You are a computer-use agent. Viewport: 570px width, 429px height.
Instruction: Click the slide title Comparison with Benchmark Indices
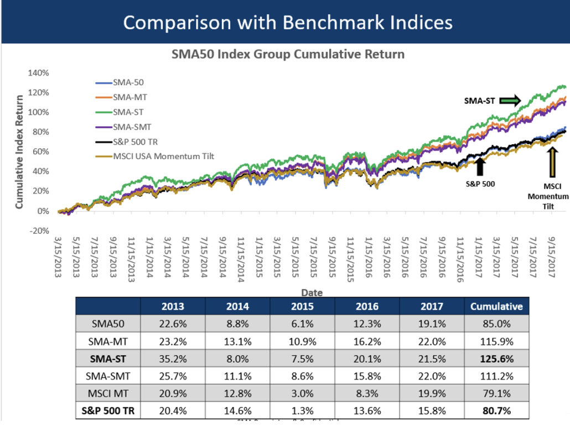click(x=287, y=22)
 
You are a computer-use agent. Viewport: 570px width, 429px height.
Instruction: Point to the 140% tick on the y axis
click(x=39, y=73)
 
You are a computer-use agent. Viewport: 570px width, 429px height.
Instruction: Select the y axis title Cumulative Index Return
click(x=19, y=151)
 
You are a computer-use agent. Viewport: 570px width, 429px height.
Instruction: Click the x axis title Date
click(x=312, y=292)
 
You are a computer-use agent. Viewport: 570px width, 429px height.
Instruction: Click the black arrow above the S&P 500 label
click(x=480, y=166)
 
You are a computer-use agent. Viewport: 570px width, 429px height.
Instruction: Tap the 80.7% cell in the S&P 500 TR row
click(x=496, y=411)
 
